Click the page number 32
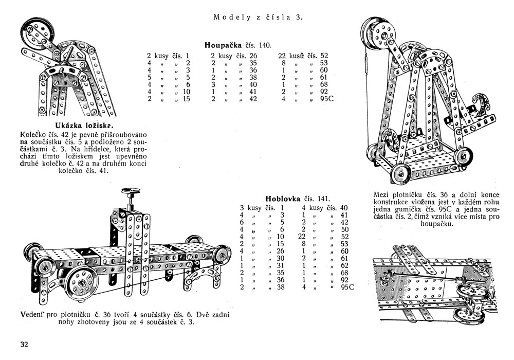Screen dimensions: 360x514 pos(25,344)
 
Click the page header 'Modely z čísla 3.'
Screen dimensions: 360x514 pos(258,17)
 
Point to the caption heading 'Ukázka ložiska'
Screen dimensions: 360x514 pos(85,126)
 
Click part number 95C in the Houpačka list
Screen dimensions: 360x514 pos(327,99)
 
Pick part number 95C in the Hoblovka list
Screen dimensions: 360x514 pos(347,287)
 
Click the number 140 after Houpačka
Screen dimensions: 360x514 pos(265,45)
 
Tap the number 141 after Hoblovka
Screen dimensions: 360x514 pos(322,199)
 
